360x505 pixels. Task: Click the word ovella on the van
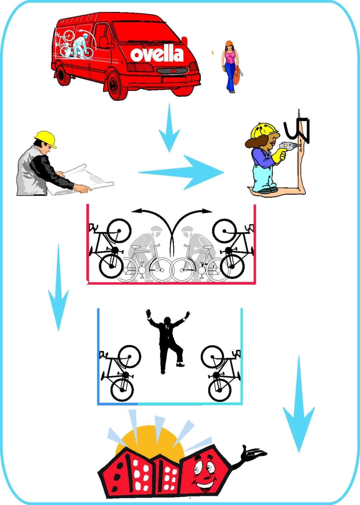[157, 53]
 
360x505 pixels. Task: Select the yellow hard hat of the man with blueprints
[45, 138]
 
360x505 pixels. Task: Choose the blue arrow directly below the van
[169, 128]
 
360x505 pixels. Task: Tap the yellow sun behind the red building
[150, 440]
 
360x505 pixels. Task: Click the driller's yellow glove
[279, 156]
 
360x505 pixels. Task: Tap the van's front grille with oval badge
[172, 71]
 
